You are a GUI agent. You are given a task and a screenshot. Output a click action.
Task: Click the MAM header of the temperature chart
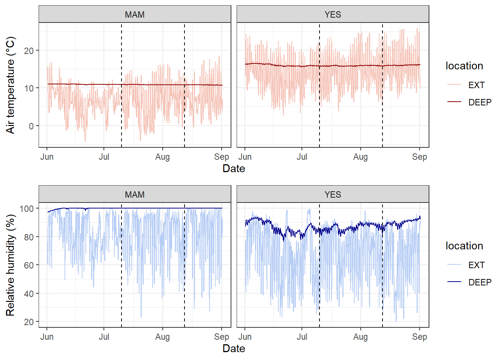(135, 15)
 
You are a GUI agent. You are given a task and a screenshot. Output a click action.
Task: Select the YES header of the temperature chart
(333, 15)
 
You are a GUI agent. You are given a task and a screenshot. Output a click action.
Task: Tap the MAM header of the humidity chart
(135, 195)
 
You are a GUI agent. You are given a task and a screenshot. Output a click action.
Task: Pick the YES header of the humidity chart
(333, 195)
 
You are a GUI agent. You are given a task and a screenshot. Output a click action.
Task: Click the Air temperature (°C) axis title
(10, 85)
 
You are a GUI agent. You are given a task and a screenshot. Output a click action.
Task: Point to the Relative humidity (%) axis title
(10, 265)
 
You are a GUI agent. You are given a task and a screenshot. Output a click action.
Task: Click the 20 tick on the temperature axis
(29, 51)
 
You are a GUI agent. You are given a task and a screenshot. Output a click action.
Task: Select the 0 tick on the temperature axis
(31, 126)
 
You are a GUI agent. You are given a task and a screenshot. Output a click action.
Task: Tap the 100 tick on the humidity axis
(27, 208)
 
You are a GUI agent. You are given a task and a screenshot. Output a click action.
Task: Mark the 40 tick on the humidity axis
(29, 294)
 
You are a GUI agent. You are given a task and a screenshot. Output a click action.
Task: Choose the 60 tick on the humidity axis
(29, 265)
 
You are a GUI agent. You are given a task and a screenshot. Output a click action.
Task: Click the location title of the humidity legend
(464, 246)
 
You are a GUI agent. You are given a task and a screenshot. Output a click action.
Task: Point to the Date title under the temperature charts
(234, 169)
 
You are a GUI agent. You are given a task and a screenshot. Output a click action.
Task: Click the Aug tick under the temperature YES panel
(360, 157)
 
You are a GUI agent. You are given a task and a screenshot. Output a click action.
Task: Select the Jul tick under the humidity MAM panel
(104, 337)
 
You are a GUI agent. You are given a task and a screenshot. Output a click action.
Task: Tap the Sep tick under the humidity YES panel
(419, 337)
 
